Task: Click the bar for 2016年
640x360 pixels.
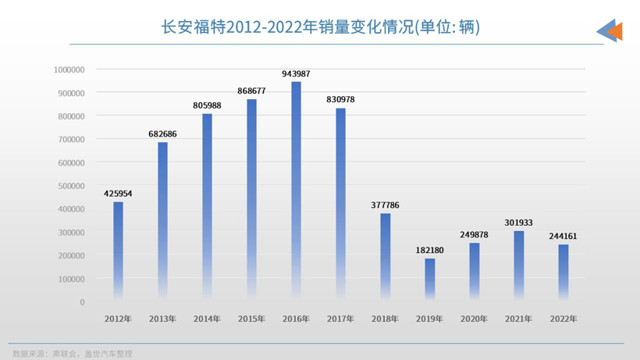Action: click(x=296, y=191)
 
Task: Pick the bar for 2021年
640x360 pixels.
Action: click(x=518, y=266)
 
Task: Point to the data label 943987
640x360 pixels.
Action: click(x=296, y=73)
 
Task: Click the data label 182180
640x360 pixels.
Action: click(x=429, y=250)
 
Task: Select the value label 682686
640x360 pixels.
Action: click(x=162, y=134)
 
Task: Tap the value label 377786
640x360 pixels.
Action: click(x=385, y=205)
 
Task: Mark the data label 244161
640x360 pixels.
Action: click(x=563, y=236)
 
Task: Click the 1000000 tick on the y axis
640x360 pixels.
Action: click(x=69, y=70)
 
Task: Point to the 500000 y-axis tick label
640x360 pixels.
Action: click(x=72, y=186)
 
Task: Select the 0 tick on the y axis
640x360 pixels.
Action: click(x=82, y=302)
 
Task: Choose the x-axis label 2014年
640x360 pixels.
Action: click(x=207, y=319)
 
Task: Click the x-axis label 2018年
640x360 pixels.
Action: click(x=385, y=319)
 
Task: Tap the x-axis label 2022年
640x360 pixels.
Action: click(x=563, y=319)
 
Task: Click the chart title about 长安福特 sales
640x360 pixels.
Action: click(x=319, y=27)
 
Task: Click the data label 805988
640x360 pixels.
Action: click(x=207, y=105)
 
